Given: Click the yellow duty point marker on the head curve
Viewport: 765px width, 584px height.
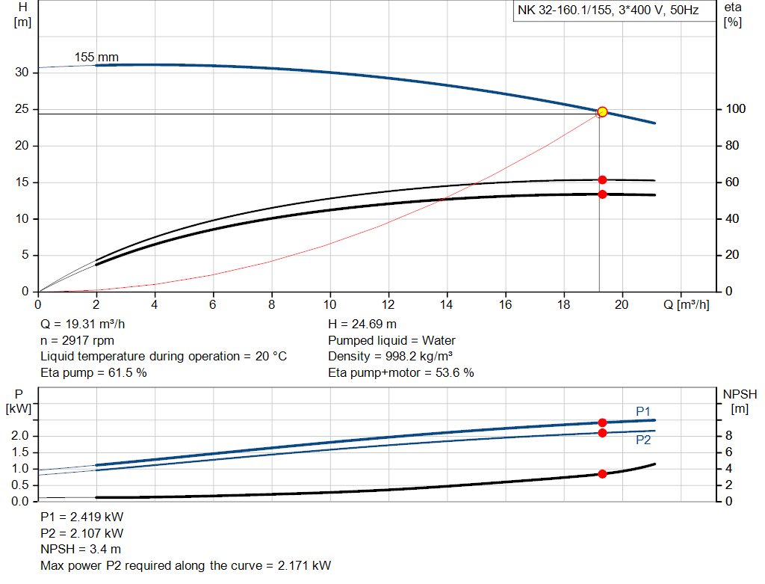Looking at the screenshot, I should tap(602, 111).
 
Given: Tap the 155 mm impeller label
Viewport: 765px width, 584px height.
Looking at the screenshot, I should tap(96, 57).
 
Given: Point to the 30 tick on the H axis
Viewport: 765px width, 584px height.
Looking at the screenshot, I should tap(22, 73).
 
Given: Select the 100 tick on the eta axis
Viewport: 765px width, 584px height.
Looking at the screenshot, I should tap(734, 109).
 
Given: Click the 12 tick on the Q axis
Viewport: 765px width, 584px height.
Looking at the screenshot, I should tap(388, 304).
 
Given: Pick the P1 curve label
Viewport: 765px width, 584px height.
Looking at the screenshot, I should tap(643, 411).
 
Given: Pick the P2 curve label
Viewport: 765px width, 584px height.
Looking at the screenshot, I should tap(643, 440).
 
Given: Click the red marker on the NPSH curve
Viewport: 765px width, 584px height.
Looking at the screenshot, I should tap(602, 473).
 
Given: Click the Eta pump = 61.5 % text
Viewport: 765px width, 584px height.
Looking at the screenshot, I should tap(93, 372).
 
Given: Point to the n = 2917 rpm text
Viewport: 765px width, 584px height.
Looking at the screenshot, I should tap(77, 340).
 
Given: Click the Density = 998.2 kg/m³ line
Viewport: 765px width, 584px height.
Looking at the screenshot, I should tap(391, 356).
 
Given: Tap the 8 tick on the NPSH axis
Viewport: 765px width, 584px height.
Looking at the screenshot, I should tap(728, 436).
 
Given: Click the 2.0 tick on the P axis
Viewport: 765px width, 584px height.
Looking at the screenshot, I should tap(20, 436).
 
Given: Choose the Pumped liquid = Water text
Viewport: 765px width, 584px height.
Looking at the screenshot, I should tap(391, 340).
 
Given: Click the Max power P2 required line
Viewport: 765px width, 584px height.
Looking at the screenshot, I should tap(185, 565).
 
